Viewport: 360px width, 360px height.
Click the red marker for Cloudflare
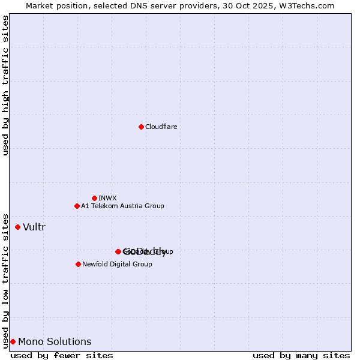coord(141,127)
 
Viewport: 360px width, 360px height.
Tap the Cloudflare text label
coord(161,127)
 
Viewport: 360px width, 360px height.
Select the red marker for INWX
coord(94,198)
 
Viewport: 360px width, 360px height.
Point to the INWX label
coord(107,198)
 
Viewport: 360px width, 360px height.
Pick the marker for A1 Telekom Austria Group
coord(77,206)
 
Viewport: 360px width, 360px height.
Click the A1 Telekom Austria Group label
coord(122,206)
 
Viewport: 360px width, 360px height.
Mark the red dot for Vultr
coord(17,227)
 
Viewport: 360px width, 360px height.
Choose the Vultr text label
coord(34,227)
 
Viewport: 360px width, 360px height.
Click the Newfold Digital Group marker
coord(78,264)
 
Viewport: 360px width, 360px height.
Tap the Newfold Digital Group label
coord(117,264)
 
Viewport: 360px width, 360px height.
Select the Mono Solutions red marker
coord(13,341)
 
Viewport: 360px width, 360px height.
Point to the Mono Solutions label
coord(55,341)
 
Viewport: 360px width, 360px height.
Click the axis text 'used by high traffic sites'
coord(6,85)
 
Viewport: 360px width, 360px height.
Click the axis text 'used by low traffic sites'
coord(6,280)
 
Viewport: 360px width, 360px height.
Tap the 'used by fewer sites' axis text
coord(62,355)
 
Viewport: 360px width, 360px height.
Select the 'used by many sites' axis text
coord(301,355)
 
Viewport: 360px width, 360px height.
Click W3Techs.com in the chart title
coord(310,5)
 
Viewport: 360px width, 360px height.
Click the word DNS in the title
coord(133,5)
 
